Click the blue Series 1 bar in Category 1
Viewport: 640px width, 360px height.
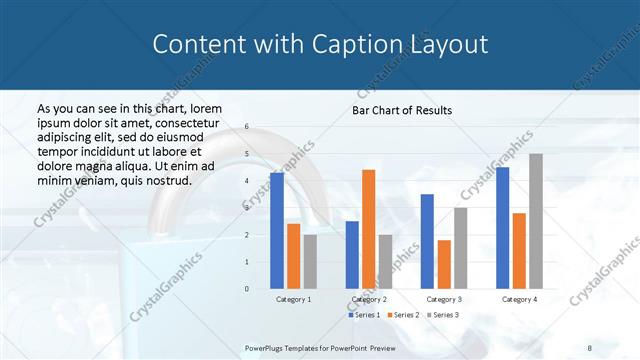click(x=277, y=231)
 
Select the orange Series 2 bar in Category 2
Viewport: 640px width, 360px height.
click(x=368, y=229)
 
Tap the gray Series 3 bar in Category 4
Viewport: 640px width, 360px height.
click(x=536, y=221)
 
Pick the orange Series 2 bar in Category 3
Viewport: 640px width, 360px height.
click(x=444, y=264)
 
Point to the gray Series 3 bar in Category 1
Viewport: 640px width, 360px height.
click(x=310, y=262)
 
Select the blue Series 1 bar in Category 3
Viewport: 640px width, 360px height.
click(x=427, y=241)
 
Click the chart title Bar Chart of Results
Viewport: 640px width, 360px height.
click(x=402, y=110)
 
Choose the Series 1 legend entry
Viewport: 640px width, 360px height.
click(x=365, y=315)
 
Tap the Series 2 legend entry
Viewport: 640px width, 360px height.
click(x=402, y=315)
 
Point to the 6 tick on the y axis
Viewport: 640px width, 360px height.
click(x=247, y=128)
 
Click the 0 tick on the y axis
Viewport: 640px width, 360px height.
click(x=247, y=289)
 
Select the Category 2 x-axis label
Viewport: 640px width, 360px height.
click(x=368, y=299)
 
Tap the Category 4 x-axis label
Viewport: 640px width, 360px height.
click(x=519, y=299)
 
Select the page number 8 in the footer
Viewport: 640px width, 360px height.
click(x=590, y=348)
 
